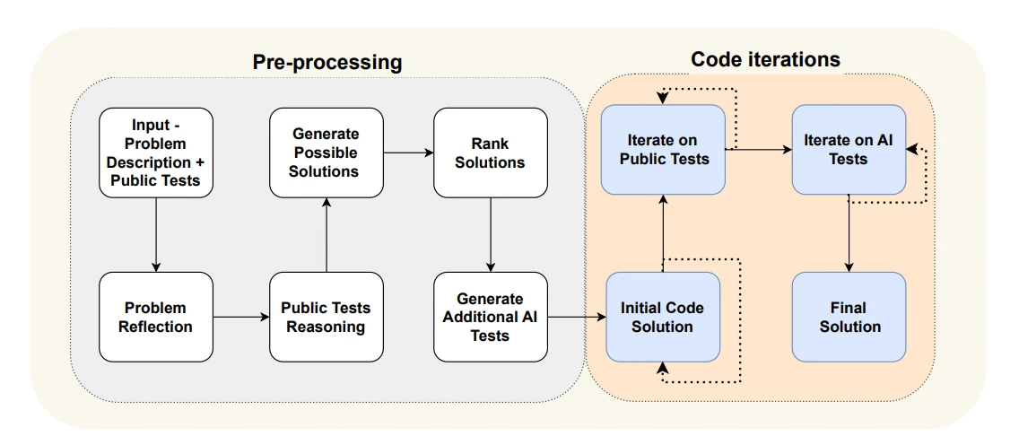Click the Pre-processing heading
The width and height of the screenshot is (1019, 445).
click(327, 63)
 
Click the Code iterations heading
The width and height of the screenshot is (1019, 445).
click(765, 60)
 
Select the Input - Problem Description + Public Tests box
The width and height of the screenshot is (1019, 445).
click(156, 153)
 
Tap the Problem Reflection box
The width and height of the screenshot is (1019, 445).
click(156, 317)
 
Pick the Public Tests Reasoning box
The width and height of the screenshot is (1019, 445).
click(327, 317)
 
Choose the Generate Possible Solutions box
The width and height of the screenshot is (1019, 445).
click(327, 153)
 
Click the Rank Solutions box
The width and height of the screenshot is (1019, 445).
click(491, 153)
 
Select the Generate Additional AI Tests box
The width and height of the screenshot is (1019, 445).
click(491, 317)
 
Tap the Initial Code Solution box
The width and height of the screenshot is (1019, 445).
click(663, 317)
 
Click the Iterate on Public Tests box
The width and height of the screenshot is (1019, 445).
click(663, 150)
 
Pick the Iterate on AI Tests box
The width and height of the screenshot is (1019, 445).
click(849, 150)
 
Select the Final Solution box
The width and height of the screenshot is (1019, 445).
click(849, 317)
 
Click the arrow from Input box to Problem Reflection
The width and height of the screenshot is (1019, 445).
click(156, 234)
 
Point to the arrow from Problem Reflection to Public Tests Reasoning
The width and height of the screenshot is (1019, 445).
click(241, 317)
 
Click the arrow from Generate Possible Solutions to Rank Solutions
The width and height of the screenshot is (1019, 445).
click(409, 153)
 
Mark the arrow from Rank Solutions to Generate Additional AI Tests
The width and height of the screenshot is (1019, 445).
click(491, 234)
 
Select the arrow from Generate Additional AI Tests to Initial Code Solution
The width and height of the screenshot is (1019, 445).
click(577, 317)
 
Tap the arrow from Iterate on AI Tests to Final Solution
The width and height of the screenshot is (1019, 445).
click(849, 233)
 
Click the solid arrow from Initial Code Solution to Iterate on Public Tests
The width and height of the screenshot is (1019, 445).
click(663, 233)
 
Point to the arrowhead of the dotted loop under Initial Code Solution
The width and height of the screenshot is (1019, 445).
click(663, 369)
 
